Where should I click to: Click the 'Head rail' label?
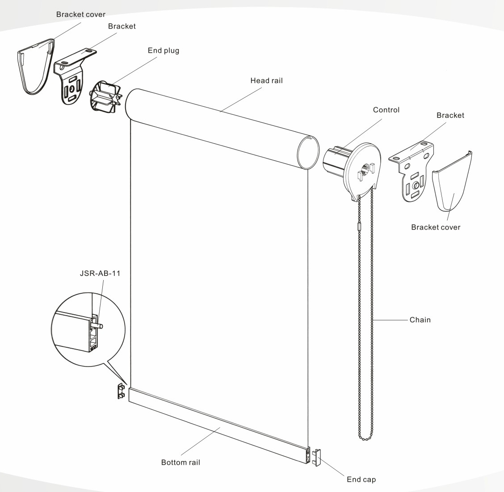tap(266, 81)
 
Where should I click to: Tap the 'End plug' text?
tap(163, 50)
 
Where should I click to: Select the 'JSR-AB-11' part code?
tap(100, 273)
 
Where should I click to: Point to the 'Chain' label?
tap(420, 320)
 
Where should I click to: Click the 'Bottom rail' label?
tap(181, 463)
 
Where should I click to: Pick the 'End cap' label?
tap(361, 479)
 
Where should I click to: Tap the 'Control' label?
tap(386, 110)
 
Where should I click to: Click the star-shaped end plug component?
tap(105, 97)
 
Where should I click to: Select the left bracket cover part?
tap(35, 67)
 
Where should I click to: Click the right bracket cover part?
tap(452, 181)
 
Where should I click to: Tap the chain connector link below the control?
tap(359, 226)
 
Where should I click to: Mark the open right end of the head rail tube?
tap(308, 152)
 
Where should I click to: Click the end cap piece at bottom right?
tap(315, 457)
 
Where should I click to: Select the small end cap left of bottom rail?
tap(121, 391)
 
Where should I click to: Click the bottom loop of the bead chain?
tap(365, 438)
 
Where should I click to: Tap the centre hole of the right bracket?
tap(416, 185)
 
